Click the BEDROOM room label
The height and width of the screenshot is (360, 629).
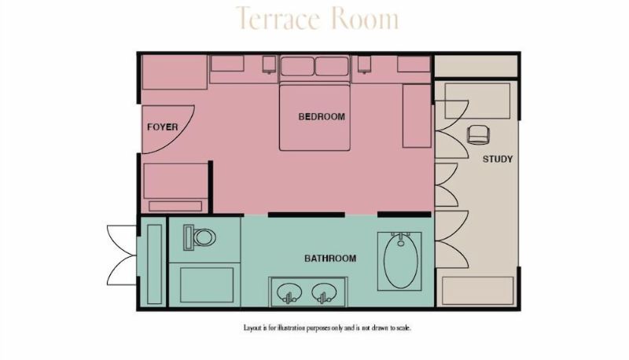pos(322,116)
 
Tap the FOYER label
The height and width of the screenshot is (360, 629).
pos(163,127)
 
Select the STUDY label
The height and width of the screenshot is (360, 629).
pos(498,159)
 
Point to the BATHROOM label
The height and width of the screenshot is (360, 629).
pos(330,258)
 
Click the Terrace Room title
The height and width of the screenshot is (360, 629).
pos(318,18)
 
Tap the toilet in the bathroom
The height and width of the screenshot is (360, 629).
pos(200,237)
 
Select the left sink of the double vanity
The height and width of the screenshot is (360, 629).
pos(289,292)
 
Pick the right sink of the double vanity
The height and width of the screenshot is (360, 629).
pos(323,292)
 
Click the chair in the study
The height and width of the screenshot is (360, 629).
pos(479,134)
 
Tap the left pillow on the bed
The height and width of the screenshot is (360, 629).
pos(297,66)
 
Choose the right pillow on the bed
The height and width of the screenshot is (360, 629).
pos(332,66)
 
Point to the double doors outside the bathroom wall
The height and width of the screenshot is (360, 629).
pos(122,255)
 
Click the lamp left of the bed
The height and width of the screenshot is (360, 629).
pos(269,64)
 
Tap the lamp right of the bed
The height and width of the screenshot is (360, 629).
pos(364,64)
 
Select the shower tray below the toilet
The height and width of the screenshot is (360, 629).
pos(207,285)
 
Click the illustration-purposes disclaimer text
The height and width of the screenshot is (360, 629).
pos(327,328)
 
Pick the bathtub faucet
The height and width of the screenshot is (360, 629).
pos(401,238)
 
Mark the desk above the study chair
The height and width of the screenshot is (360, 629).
pos(477,101)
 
